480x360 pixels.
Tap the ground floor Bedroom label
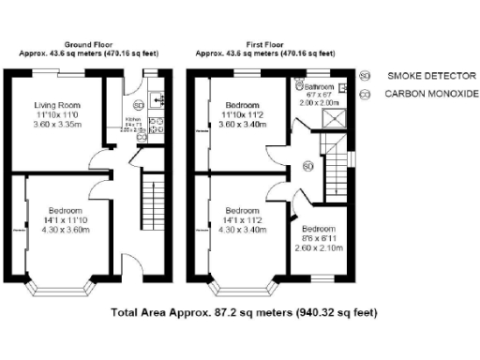[x=66, y=211]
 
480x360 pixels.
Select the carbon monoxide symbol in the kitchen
[x=141, y=137]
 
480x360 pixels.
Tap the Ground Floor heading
[x=91, y=45]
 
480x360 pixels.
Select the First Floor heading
[x=266, y=45]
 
